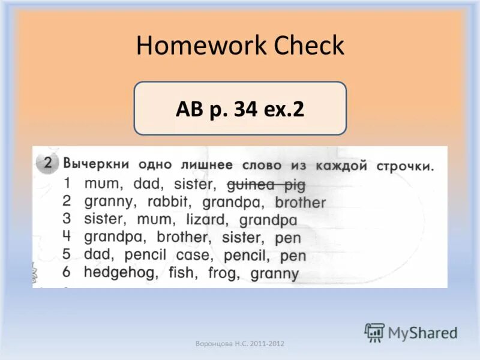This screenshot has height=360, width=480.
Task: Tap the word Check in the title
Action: click(x=308, y=46)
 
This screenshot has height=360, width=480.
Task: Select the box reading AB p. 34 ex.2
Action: click(x=240, y=109)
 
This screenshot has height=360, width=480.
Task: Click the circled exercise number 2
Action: click(x=48, y=164)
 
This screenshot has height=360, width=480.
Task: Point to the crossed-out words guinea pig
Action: click(x=266, y=184)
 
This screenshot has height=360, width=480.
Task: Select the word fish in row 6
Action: click(x=182, y=273)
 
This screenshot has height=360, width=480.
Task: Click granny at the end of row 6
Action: click(x=274, y=274)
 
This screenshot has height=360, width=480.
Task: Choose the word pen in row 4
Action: click(x=288, y=238)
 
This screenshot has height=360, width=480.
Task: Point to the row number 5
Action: click(x=67, y=254)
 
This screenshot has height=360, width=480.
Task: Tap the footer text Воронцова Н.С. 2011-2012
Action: click(x=240, y=344)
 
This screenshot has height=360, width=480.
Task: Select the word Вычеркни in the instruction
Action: click(x=97, y=164)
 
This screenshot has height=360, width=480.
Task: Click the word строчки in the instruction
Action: click(x=404, y=166)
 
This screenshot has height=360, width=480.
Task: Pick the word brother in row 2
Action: click(x=300, y=203)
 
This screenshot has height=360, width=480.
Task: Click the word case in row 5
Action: click(x=194, y=255)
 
